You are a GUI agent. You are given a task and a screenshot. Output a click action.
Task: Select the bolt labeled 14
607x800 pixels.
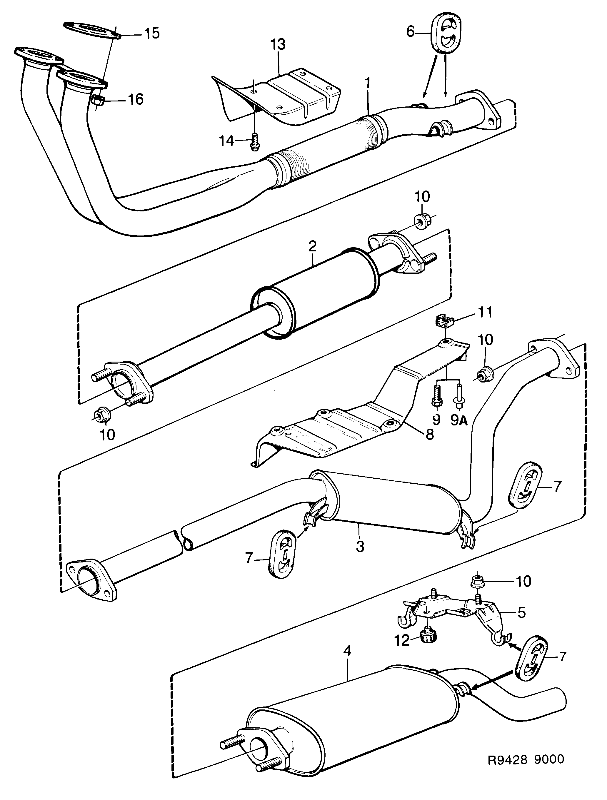[254, 141]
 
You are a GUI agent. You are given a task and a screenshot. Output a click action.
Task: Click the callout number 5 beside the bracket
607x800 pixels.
[521, 613]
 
